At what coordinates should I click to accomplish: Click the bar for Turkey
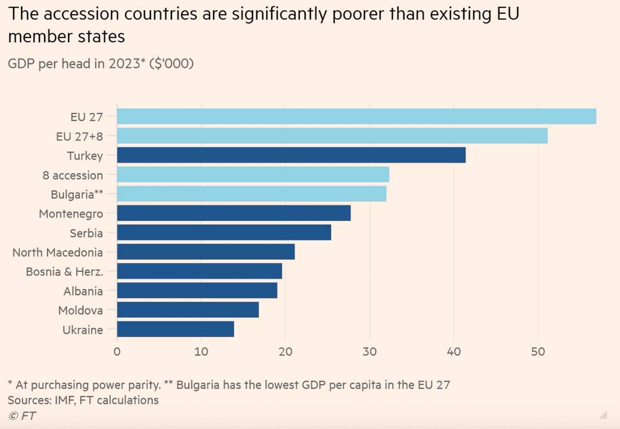pos(291,155)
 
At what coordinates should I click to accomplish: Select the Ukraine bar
pos(175,329)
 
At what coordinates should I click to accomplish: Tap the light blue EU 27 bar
pos(357,116)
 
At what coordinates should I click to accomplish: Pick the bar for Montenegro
pos(234,213)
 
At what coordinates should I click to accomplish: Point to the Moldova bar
pos(188,310)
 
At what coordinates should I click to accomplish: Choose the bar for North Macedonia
pos(206,252)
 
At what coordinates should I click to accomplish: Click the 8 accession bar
pos(253,174)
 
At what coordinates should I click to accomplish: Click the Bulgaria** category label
pos(77,195)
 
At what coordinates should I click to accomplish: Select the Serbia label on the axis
pos(86,233)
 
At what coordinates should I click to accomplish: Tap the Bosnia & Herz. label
pos(64,272)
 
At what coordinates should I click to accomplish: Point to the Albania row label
pos(83,291)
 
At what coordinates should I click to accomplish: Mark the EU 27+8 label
pos(79,137)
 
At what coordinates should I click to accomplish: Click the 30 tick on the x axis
pos(369,352)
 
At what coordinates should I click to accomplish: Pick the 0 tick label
pos(117,352)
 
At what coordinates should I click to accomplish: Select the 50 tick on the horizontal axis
pos(538,352)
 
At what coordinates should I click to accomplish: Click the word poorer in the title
pos(358,14)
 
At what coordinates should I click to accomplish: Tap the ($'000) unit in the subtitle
pos(171,64)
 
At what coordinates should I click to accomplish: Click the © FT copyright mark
pos(22,416)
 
